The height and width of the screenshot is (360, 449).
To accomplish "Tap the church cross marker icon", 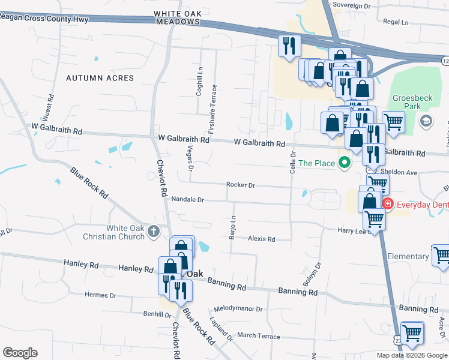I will pyautogui.click(x=154, y=231).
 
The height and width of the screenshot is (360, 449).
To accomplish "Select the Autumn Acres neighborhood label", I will pyautogui.click(x=100, y=78).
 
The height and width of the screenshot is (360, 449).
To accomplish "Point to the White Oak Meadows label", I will pyautogui.click(x=176, y=17).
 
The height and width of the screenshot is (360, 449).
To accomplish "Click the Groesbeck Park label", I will pyautogui.click(x=412, y=103).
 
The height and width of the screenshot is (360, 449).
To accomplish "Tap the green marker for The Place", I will pyautogui.click(x=345, y=162).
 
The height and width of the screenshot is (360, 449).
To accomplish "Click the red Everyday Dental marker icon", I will pyautogui.click(x=388, y=204).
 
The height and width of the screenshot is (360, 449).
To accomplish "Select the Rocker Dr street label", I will pyautogui.click(x=241, y=185).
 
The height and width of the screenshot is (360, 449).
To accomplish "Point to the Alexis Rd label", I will pyautogui.click(x=262, y=239).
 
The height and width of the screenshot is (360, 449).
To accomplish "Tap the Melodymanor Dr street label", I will pyautogui.click(x=238, y=309).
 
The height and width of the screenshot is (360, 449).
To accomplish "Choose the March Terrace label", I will pyautogui.click(x=259, y=336).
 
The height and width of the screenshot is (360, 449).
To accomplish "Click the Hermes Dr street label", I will pyautogui.click(x=100, y=295).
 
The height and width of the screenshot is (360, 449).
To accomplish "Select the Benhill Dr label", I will pyautogui.click(x=140, y=314).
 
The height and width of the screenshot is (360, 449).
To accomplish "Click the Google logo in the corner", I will pyautogui.click(x=20, y=353).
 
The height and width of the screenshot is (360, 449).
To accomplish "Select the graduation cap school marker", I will pyautogui.click(x=426, y=121).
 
